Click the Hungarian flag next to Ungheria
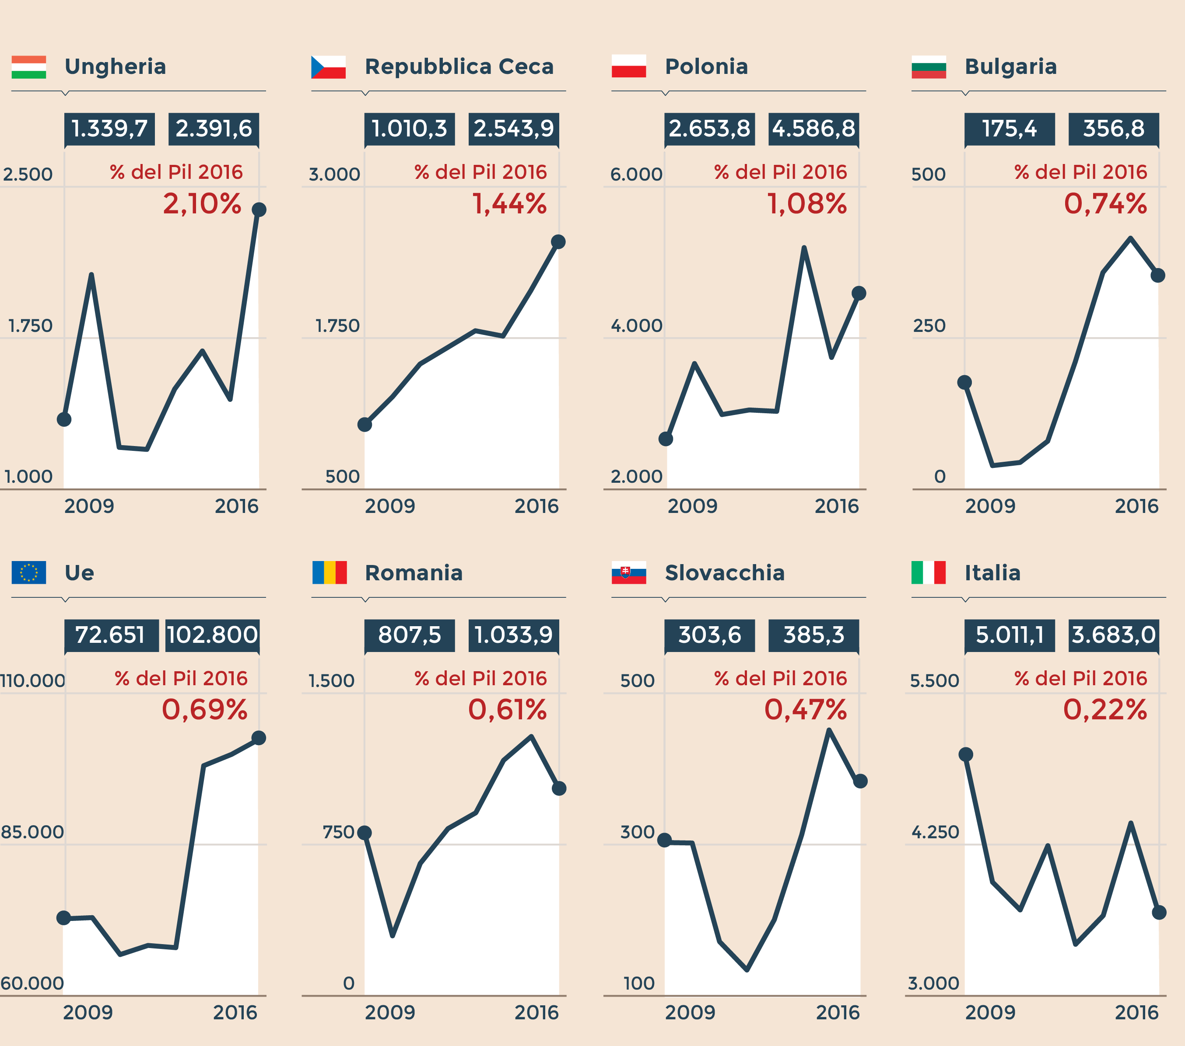28,66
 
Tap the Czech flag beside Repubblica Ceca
328,66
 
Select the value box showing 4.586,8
813,129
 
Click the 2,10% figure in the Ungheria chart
202,203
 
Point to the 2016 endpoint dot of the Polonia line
859,293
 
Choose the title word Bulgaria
1010,66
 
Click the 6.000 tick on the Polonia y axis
636,174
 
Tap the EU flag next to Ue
28,572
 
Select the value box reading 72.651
111,635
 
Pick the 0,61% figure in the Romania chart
507,709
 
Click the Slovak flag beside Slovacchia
628,572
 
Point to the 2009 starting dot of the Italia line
966,754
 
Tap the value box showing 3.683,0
1114,635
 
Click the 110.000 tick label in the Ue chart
32,680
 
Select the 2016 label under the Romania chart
536,1012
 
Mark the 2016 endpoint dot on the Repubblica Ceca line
558,242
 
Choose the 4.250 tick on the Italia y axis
935,832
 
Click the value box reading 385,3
813,635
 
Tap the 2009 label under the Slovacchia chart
690,1012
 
